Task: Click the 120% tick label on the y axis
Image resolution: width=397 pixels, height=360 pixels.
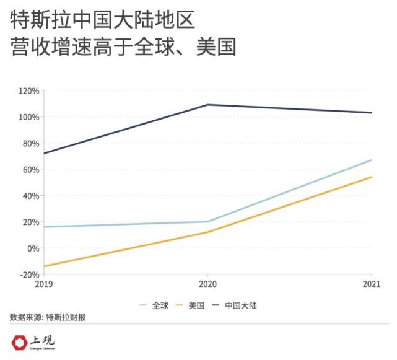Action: tap(29, 90)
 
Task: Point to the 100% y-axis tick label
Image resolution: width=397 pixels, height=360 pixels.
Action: tap(29, 117)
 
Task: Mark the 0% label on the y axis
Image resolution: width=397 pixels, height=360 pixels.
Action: tap(33, 248)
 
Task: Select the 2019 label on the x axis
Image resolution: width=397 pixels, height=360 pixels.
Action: tap(43, 284)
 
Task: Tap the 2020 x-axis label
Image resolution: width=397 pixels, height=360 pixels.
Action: tap(207, 284)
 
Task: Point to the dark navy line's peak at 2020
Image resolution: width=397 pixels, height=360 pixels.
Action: tap(207, 105)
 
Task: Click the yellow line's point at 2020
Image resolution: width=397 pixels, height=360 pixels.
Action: tap(207, 232)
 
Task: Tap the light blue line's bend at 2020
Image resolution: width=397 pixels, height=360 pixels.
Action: tap(207, 222)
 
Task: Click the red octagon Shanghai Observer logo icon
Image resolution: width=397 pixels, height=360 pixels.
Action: tap(20, 343)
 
